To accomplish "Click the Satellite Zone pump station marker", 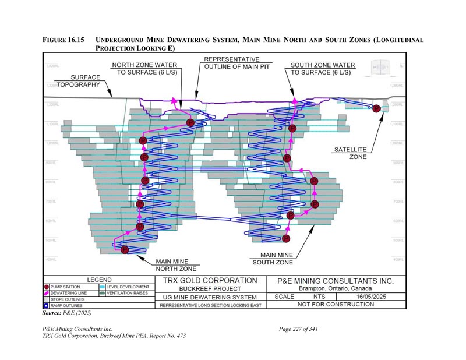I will coord(376,108).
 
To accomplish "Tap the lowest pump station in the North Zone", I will coord(125,250).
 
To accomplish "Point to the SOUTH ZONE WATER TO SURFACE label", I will coord(321,69).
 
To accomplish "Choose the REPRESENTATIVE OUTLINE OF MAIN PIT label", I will coord(232,63).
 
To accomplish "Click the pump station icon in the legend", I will coord(46,287).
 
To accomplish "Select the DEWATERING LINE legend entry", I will coord(70,294).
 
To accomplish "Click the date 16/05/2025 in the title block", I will coord(372,297).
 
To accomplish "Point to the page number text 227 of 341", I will coord(298,330).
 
